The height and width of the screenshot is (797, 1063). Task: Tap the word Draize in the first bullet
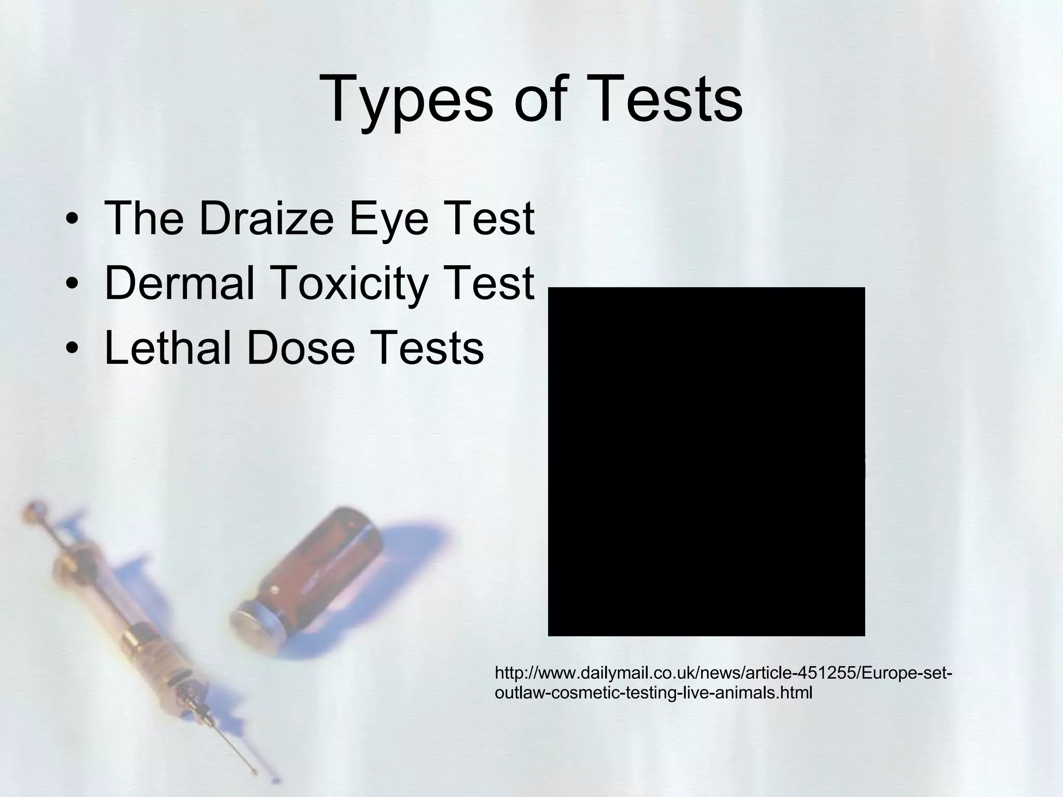266,218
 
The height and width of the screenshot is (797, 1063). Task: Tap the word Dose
301,348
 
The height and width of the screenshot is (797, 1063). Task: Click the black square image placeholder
706,461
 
